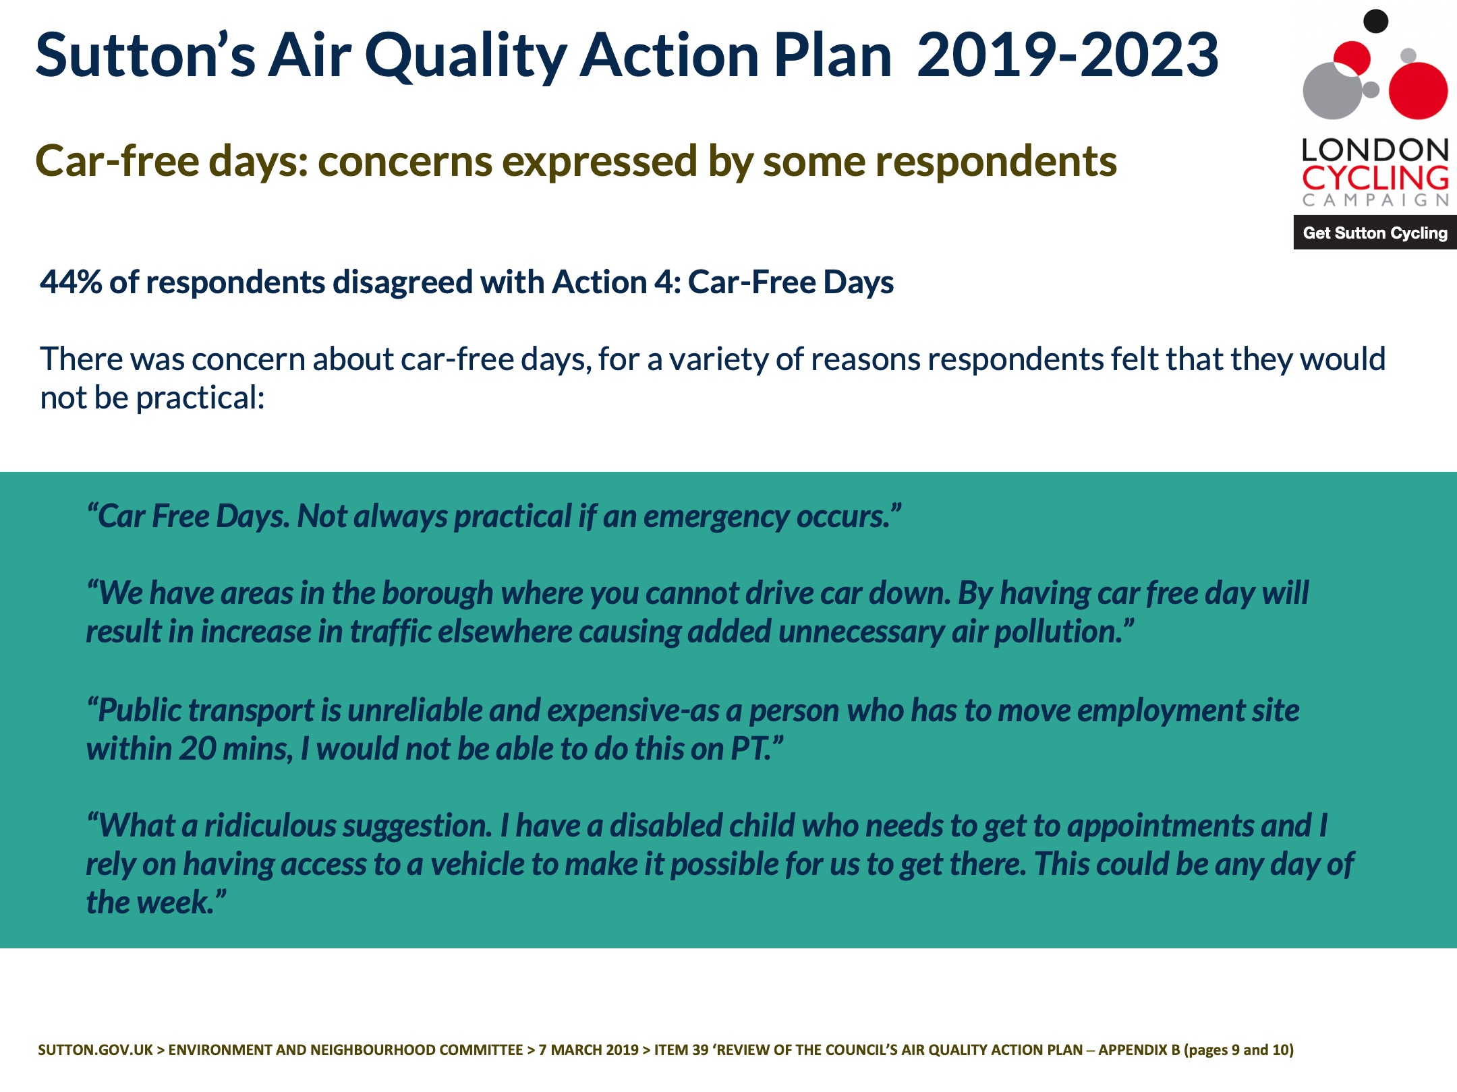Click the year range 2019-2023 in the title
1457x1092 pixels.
(x=1067, y=55)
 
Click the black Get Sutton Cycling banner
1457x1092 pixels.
(x=1375, y=233)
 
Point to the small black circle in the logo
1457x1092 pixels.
(x=1375, y=22)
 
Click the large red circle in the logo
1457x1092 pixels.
(x=1419, y=90)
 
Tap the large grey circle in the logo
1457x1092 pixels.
(x=1332, y=90)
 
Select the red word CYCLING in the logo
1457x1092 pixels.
(x=1375, y=178)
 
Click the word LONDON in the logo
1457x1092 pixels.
(x=1375, y=150)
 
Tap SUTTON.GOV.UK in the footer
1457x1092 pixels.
(x=95, y=1050)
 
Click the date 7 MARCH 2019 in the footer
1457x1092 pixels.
(x=588, y=1050)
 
